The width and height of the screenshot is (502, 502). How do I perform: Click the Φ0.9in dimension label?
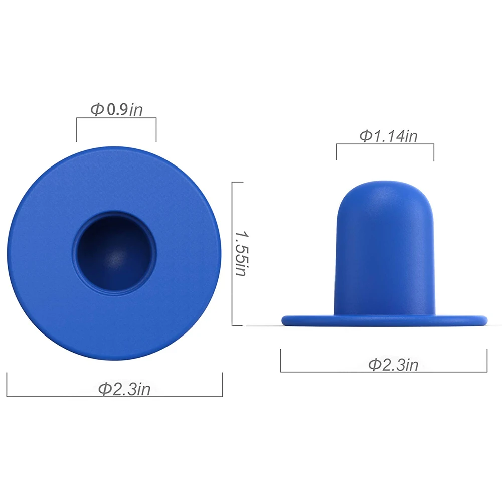click(116, 109)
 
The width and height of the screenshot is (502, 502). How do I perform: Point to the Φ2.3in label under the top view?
click(124, 389)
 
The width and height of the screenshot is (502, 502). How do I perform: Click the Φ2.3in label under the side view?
click(393, 365)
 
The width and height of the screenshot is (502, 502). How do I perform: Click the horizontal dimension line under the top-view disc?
click(60, 396)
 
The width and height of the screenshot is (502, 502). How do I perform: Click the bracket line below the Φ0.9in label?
click(116, 118)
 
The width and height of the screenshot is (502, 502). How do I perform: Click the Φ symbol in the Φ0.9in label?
click(97, 109)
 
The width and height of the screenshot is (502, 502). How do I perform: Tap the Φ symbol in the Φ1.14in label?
click(366, 136)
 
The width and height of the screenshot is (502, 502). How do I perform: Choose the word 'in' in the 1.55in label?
click(242, 271)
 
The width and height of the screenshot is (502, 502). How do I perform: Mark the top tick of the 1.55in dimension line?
click(237, 182)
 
